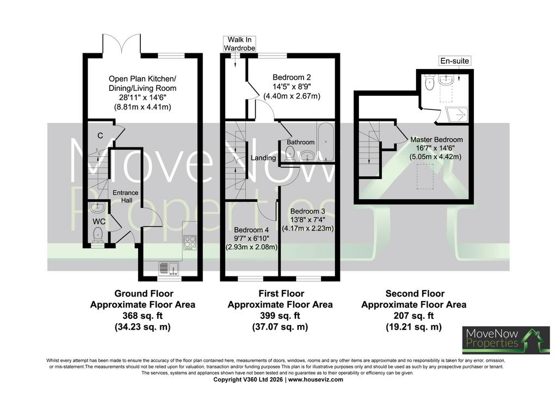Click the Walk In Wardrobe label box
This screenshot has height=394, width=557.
pos(239,44)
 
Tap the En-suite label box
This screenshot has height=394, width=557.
pos(455,61)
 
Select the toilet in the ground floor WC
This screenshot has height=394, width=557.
pos(98,235)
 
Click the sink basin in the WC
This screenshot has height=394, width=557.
pos(96,207)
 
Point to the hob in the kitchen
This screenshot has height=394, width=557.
pos(189,242)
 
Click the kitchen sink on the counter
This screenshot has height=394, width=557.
pos(169,269)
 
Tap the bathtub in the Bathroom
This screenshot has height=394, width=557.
pos(325,141)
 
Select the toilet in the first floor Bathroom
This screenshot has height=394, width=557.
pos(290,154)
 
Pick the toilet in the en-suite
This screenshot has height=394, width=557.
pos(430,83)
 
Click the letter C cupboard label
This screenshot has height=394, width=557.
pos(100,136)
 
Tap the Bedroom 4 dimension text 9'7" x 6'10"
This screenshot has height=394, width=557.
pos(251,238)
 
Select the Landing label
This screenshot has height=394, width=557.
pos(263,158)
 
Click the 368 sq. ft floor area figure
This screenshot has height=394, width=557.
pos(143,316)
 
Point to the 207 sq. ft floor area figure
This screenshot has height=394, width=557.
pos(413,316)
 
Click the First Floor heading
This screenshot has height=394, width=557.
pos(281,293)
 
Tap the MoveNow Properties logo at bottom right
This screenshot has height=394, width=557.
pos(506,340)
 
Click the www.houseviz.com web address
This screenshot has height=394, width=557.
pos(315,379)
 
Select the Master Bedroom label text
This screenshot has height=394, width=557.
pos(437,140)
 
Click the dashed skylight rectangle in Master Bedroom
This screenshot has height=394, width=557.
pos(425,176)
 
